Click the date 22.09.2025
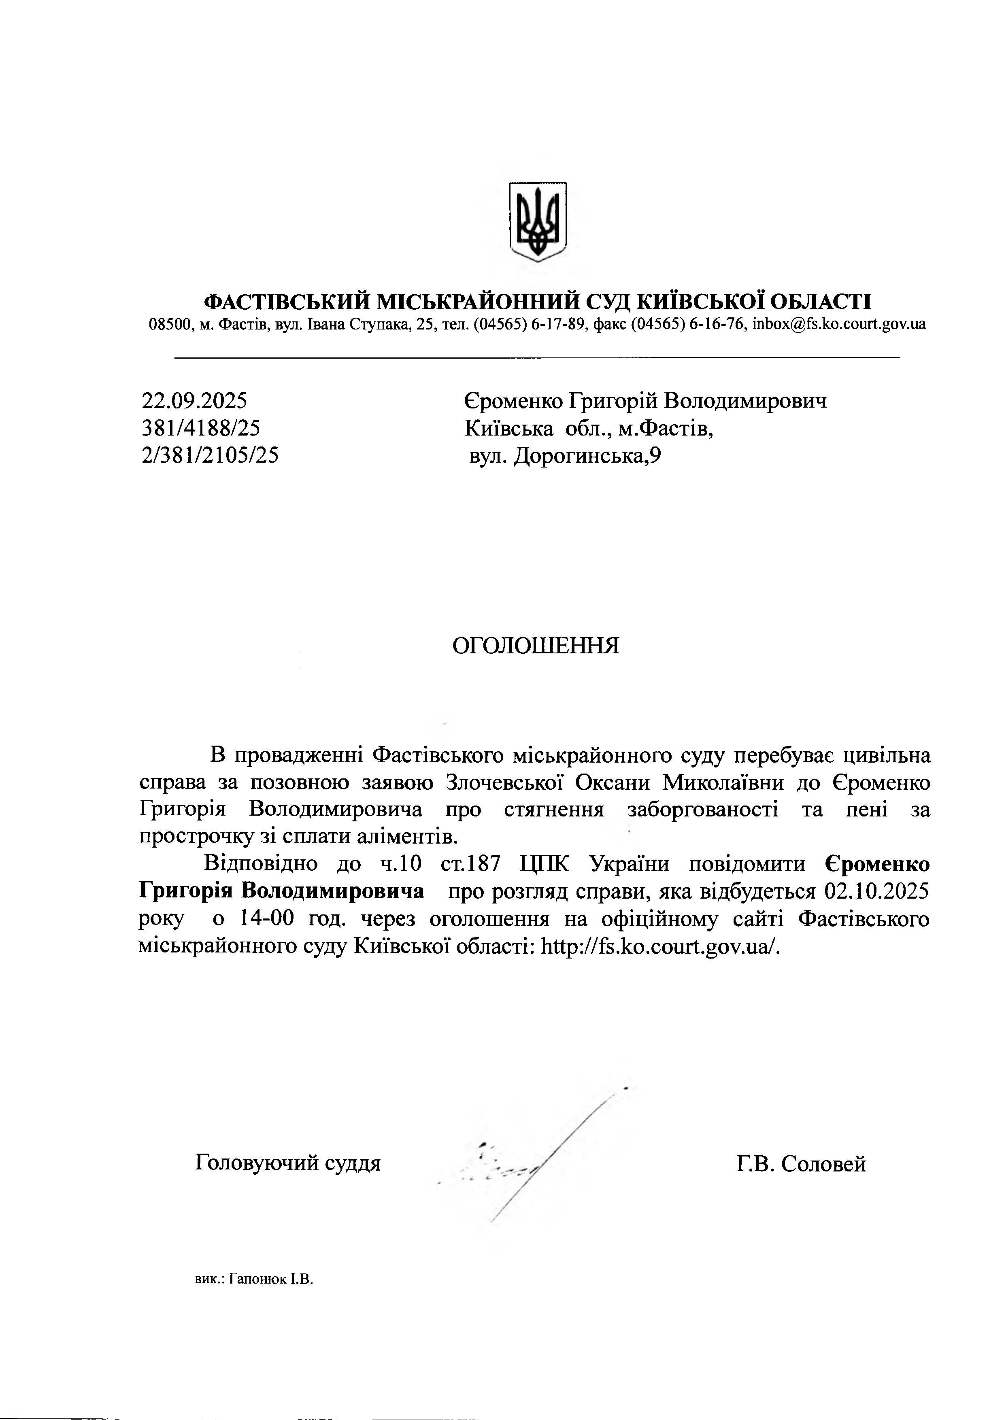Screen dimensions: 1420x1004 [194, 401]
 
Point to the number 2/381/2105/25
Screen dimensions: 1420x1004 [210, 455]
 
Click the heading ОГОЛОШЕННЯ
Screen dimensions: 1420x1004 [536, 646]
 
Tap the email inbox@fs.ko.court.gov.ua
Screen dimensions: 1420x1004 [840, 324]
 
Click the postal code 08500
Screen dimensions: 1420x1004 [168, 324]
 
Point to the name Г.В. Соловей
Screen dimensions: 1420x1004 [801, 1164]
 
